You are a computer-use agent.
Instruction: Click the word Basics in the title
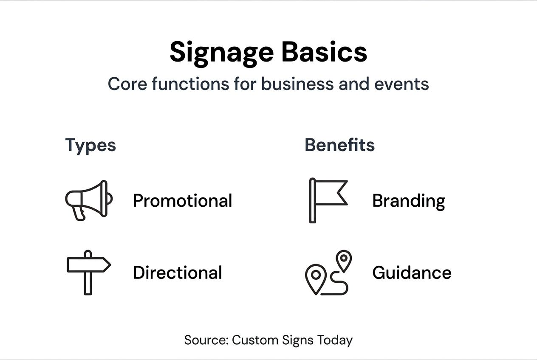pyautogui.click(x=324, y=53)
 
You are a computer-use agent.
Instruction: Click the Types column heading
pyautogui.click(x=90, y=145)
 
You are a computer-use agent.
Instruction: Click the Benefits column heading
pyautogui.click(x=339, y=145)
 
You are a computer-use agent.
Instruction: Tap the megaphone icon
pyautogui.click(x=88, y=200)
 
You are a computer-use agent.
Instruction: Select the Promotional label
pyautogui.click(x=182, y=200)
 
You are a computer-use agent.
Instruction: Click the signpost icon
pyautogui.click(x=88, y=272)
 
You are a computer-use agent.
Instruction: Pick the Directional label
pyautogui.click(x=177, y=273)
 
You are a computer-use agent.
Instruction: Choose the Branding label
pyautogui.click(x=408, y=201)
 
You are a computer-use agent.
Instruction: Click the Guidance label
pyautogui.click(x=411, y=273)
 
